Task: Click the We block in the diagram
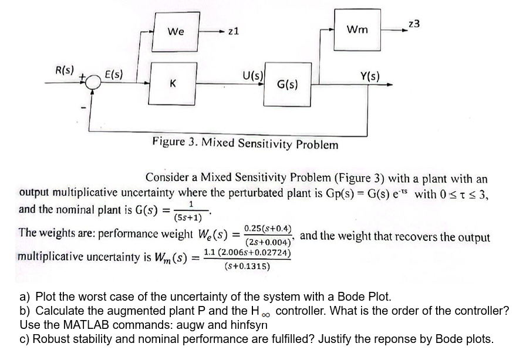tap(176, 31)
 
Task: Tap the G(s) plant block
tap(286, 85)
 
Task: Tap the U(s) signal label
tap(252, 75)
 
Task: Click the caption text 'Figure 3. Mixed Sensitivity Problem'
tap(245, 143)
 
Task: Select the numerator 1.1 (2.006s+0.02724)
tap(247, 253)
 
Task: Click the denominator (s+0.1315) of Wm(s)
tap(247, 266)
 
